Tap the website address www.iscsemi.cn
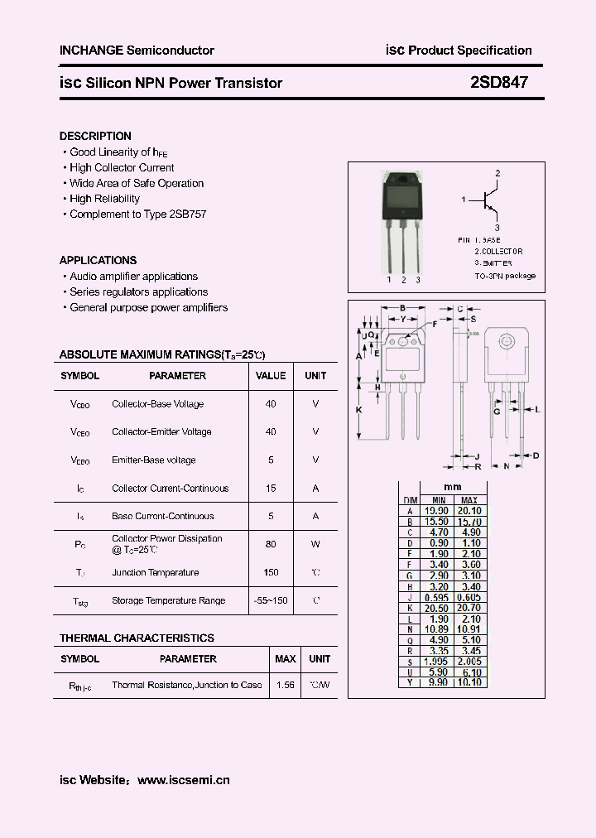[x=183, y=779]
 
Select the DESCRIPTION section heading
[x=95, y=136]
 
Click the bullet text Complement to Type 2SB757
[x=137, y=214]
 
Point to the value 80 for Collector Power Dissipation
[x=271, y=544]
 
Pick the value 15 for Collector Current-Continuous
[x=271, y=489]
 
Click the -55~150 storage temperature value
[x=271, y=600]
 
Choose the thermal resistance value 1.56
[x=285, y=685]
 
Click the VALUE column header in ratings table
[x=271, y=376]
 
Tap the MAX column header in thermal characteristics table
[x=285, y=659]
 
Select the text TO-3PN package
[x=505, y=275]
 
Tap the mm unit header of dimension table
[x=453, y=487]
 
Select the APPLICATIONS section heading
[x=98, y=260]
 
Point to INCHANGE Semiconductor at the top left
[x=137, y=51]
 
